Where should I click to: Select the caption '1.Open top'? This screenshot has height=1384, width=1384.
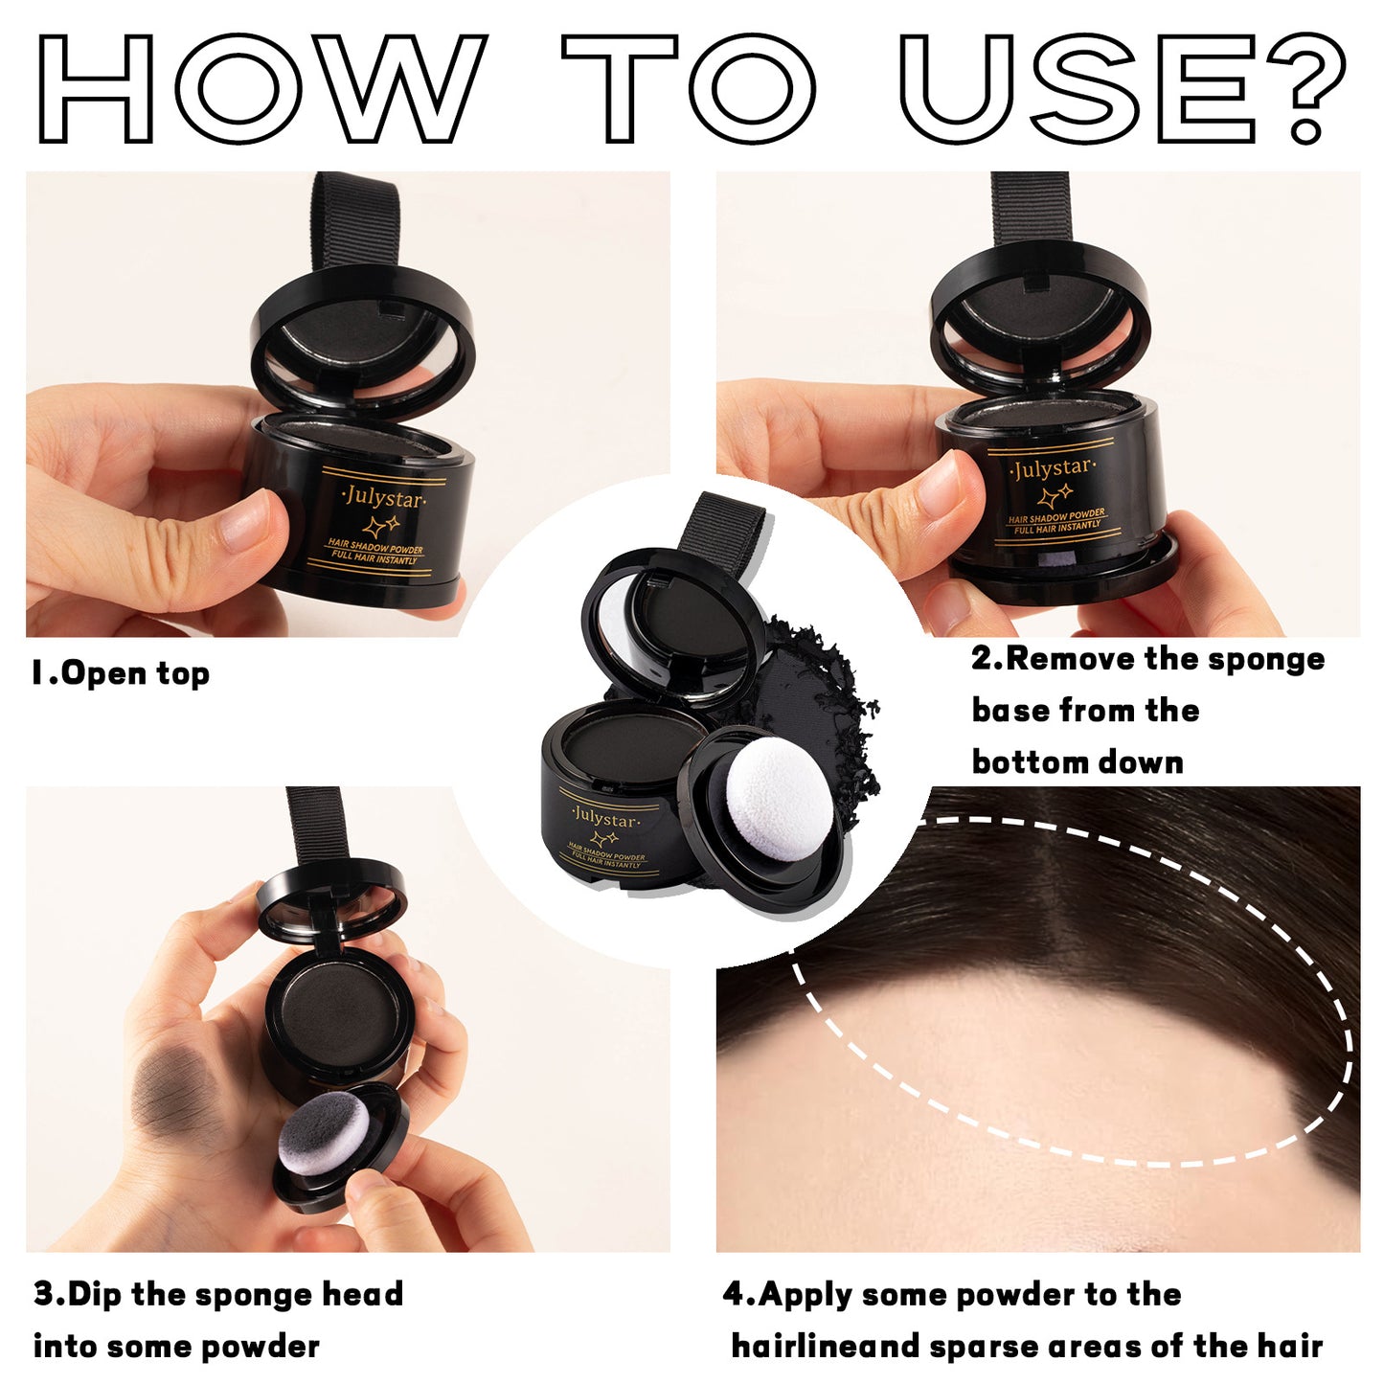click(x=121, y=673)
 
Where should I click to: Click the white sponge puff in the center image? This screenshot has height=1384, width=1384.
click(x=778, y=790)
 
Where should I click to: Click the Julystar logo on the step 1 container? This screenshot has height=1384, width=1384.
click(x=383, y=498)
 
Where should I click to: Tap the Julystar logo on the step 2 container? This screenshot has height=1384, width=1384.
click(x=1052, y=469)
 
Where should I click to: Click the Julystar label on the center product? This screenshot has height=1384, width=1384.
click(x=604, y=820)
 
